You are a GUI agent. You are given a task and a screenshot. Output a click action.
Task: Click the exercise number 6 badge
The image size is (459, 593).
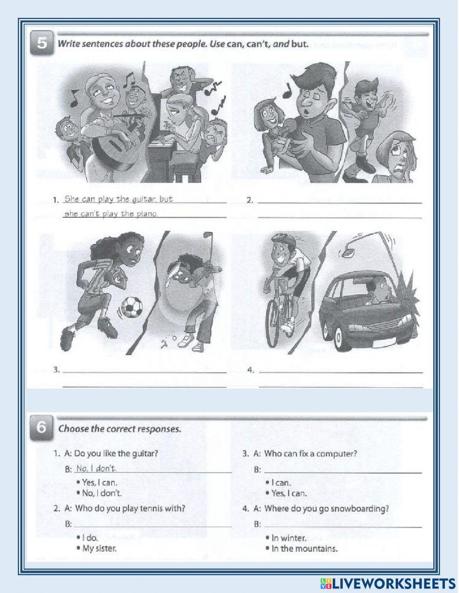tap(41, 429)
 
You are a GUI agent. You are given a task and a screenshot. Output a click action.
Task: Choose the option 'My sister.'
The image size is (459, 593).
tap(99, 548)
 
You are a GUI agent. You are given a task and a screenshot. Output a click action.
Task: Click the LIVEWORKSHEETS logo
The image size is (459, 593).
tap(386, 583)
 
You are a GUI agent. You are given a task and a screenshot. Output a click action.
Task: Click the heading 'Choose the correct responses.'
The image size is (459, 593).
tap(119, 429)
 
